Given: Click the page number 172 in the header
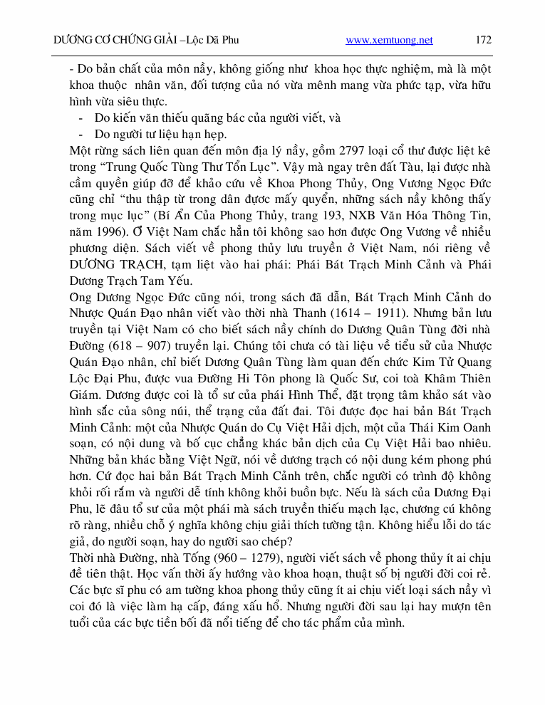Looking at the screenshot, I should [x=483, y=40].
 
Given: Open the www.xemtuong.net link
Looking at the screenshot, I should [x=389, y=41].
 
